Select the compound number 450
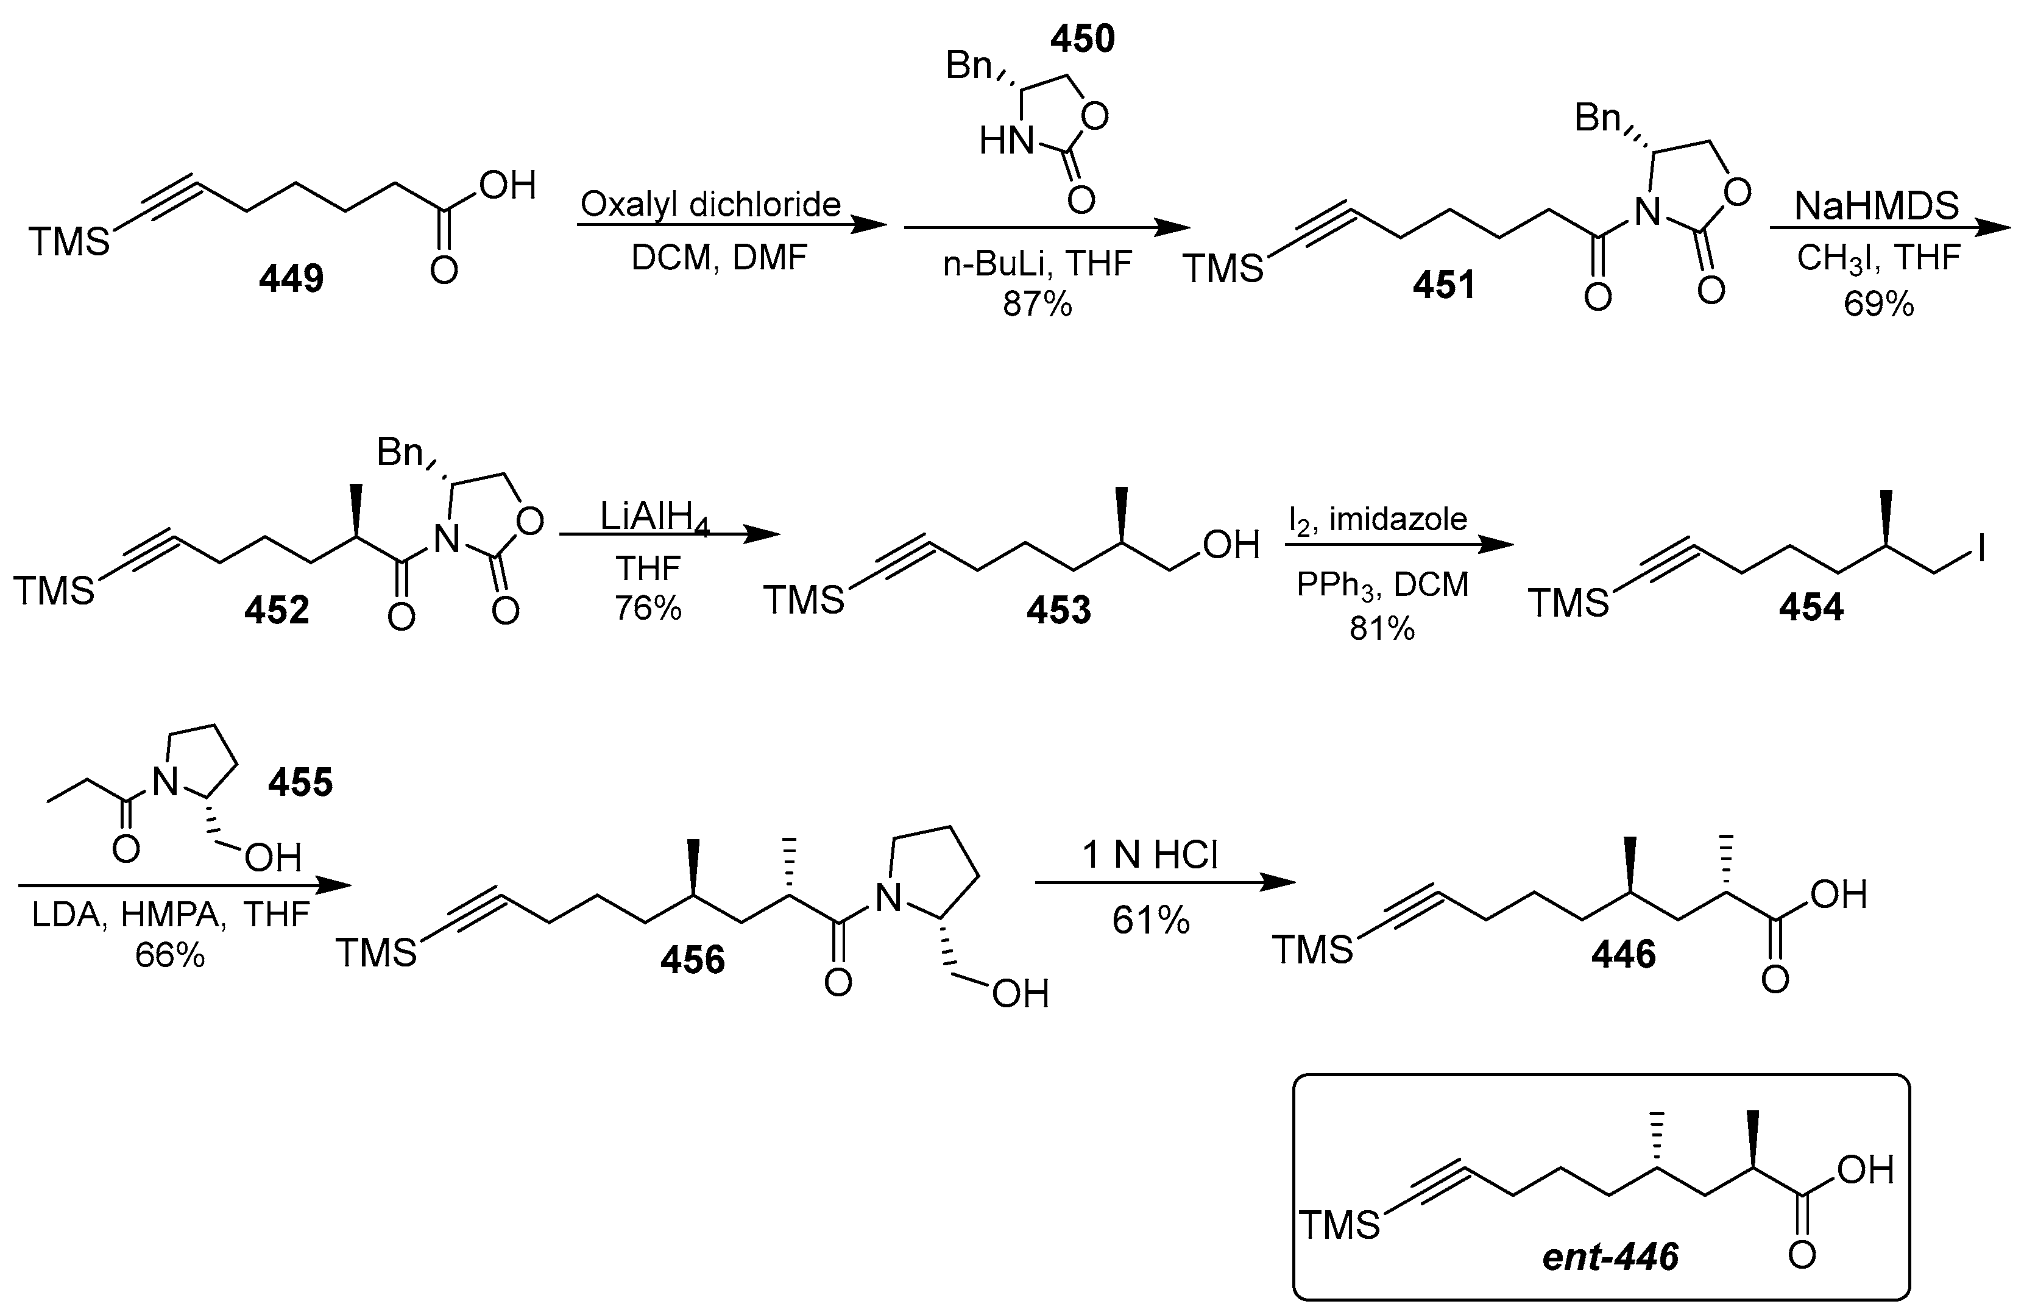[1081, 39]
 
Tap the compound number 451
[1445, 285]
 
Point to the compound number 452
[277, 611]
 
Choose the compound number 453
[1058, 611]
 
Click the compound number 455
[300, 782]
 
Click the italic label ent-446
[1610, 1257]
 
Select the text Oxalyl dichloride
[710, 204]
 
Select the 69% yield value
[1878, 303]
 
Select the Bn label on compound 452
[400, 453]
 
